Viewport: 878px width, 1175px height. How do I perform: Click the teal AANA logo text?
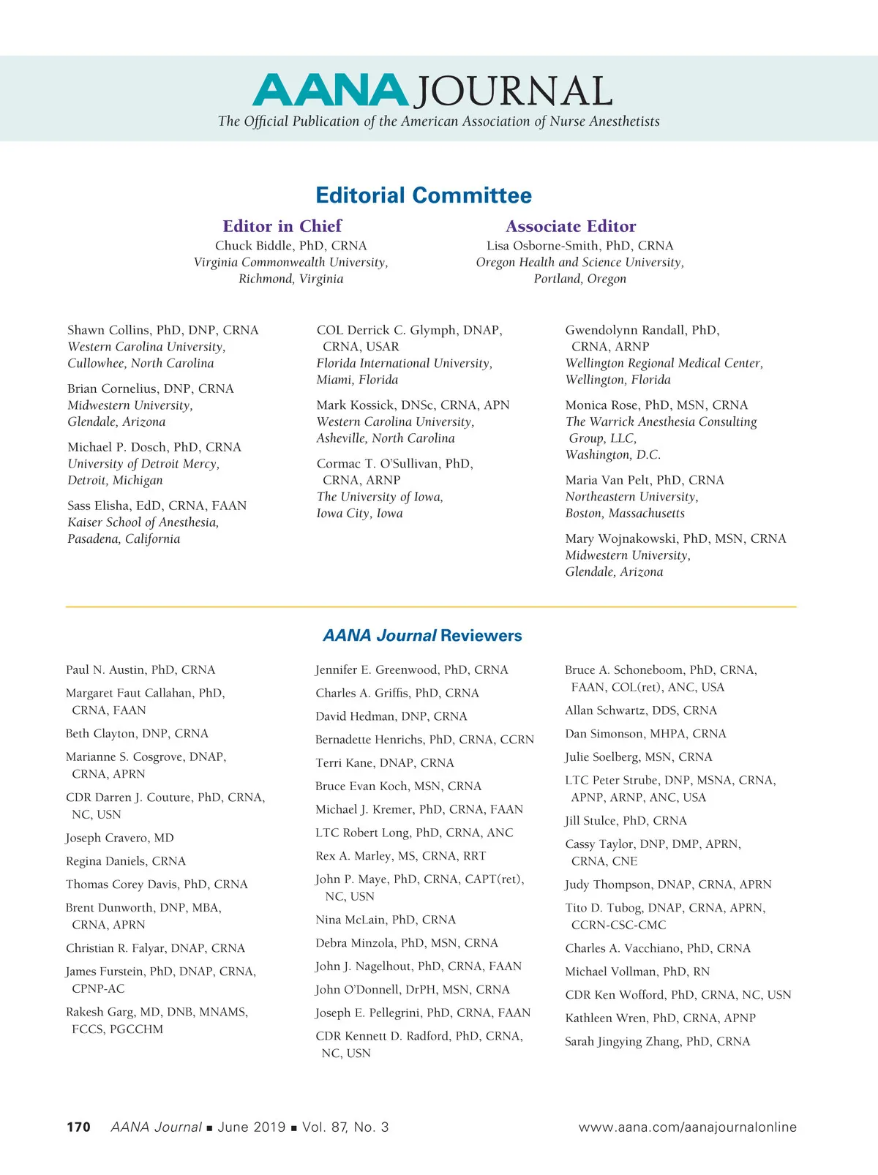tap(330, 91)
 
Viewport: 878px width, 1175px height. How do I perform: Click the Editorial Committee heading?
tap(424, 195)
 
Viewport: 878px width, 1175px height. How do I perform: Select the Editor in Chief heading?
tap(282, 226)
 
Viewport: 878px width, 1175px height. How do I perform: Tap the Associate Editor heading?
tap(571, 226)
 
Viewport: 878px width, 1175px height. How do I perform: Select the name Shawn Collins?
tap(108, 330)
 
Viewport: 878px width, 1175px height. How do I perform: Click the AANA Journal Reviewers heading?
tap(423, 635)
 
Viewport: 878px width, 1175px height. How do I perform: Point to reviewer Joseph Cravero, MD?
tap(120, 838)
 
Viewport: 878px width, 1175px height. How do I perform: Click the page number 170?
tap(78, 1127)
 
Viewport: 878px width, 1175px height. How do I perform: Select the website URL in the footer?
tap(687, 1127)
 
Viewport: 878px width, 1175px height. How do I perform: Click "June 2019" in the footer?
tap(251, 1127)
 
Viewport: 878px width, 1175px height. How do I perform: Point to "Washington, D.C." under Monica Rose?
tap(613, 455)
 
